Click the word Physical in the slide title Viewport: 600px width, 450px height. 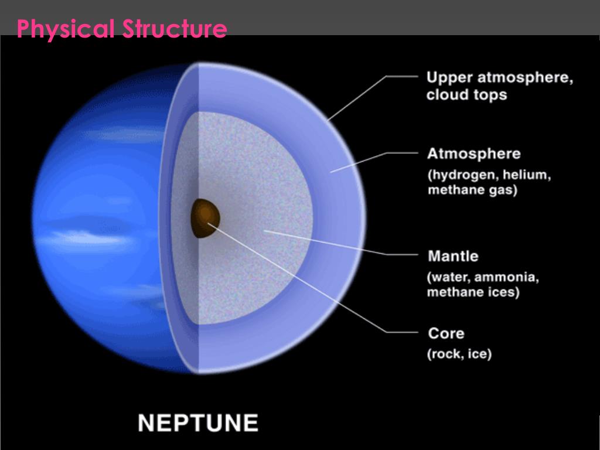[66, 29]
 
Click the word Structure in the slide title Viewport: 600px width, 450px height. [174, 29]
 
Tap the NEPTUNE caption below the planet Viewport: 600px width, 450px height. [198, 422]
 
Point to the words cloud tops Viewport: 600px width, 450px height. [466, 94]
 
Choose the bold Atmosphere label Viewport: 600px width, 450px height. [473, 154]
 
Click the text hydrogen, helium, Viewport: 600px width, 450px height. [489, 175]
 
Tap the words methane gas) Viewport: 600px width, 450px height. [472, 190]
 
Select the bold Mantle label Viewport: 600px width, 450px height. [453, 256]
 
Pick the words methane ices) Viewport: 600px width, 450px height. [473, 292]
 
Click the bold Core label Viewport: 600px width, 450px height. [446, 333]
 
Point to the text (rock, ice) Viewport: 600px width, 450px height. [459, 354]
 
